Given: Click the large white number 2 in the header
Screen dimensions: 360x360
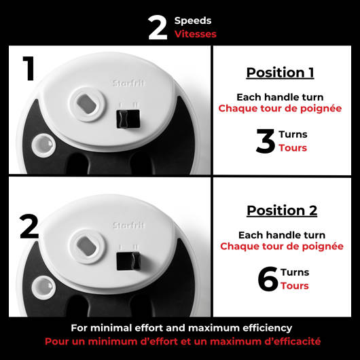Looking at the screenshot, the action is point(158,28).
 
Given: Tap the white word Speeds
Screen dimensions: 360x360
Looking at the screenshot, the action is point(193,21).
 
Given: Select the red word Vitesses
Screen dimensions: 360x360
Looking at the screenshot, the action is point(196,34).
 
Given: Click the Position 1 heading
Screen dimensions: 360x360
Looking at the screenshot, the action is point(280,73).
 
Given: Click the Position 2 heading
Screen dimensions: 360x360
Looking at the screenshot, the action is point(282,211).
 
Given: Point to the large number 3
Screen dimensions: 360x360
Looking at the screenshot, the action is point(266,141).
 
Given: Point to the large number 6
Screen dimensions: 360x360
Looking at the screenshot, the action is point(268,279).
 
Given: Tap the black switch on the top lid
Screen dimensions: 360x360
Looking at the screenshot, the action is point(128,119).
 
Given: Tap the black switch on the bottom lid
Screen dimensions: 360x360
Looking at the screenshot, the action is point(128,261).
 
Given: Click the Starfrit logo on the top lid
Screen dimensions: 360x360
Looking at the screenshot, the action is point(128,83).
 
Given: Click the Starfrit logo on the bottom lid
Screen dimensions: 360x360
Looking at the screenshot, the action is point(128,225).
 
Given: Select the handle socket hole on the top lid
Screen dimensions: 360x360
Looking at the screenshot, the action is point(87,104).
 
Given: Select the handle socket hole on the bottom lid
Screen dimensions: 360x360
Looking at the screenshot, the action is point(87,247).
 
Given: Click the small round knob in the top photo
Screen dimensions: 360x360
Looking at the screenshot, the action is point(43,145).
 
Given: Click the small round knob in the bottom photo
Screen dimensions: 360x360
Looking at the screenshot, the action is point(43,288).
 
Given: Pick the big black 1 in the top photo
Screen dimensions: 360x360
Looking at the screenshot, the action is point(29,69).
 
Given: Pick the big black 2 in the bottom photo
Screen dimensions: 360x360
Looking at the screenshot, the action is point(29,226).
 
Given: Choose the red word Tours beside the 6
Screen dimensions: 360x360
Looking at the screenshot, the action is point(295,286).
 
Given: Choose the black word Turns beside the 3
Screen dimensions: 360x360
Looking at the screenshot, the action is point(293,134).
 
